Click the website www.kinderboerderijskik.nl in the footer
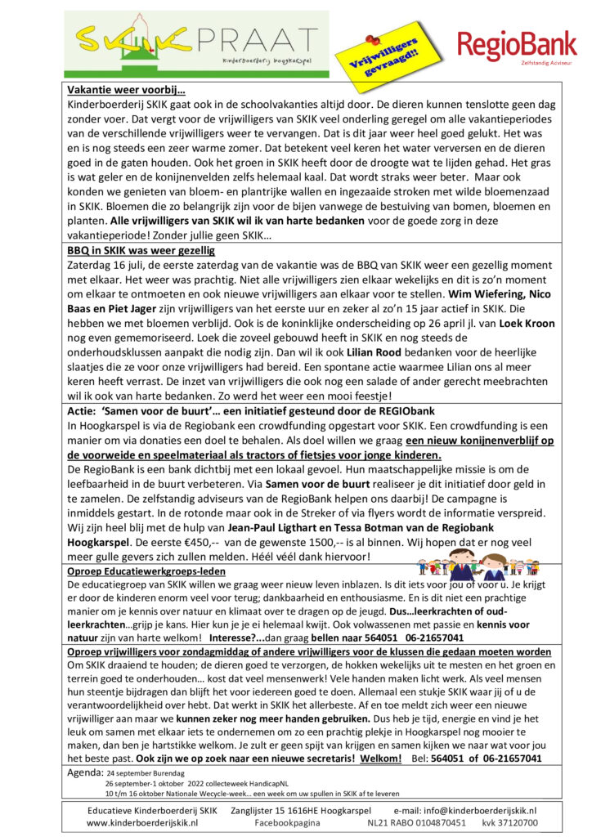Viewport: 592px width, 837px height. pyautogui.click(x=143, y=823)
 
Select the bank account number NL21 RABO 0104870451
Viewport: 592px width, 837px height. pyautogui.click(x=417, y=823)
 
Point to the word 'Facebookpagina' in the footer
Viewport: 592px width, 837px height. pyautogui.click(x=286, y=823)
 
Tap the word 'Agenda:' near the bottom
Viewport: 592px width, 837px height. pyautogui.click(x=86, y=770)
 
